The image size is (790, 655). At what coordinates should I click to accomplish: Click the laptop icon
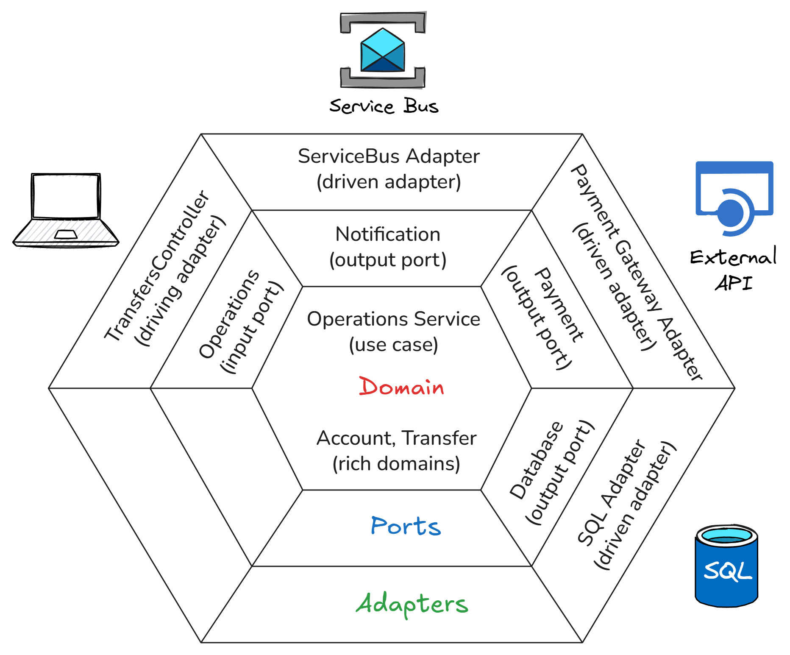(x=66, y=209)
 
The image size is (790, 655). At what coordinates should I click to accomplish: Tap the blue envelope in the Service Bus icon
(x=382, y=50)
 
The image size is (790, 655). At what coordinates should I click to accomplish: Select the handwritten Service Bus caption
(x=384, y=106)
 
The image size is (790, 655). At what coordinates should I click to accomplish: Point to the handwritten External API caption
(x=734, y=270)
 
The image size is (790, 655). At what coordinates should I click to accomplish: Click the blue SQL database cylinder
(x=726, y=566)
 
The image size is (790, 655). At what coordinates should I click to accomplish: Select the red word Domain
(x=401, y=387)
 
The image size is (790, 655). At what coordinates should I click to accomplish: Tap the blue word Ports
(x=406, y=526)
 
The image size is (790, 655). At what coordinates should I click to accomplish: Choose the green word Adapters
(x=412, y=604)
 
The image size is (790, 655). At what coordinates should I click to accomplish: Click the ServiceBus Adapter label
(x=389, y=169)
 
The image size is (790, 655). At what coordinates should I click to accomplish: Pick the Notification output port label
(x=388, y=247)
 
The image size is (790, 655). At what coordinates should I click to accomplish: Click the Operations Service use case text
(x=393, y=332)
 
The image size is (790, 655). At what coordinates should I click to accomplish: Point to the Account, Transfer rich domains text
(x=396, y=451)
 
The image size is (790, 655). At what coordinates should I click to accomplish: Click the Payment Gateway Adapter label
(x=636, y=271)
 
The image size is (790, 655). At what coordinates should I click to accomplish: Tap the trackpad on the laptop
(x=66, y=234)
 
